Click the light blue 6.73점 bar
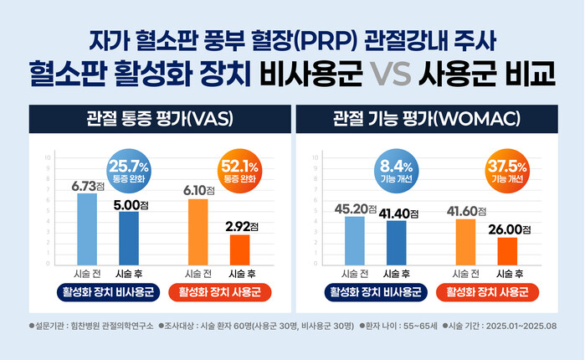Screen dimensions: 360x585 coord(86,229)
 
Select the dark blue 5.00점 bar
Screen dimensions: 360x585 coord(129,238)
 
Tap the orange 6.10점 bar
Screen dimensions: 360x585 coord(198,231)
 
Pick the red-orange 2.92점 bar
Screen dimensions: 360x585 coord(240,249)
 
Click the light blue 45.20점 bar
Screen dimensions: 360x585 coord(356,240)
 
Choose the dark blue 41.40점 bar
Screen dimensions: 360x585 coord(397,242)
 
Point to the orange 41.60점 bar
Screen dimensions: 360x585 coord(465,241)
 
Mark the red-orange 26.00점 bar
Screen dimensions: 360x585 coord(508,250)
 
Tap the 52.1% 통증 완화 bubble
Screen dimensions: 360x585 coord(237,171)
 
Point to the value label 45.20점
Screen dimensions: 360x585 coord(356,208)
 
